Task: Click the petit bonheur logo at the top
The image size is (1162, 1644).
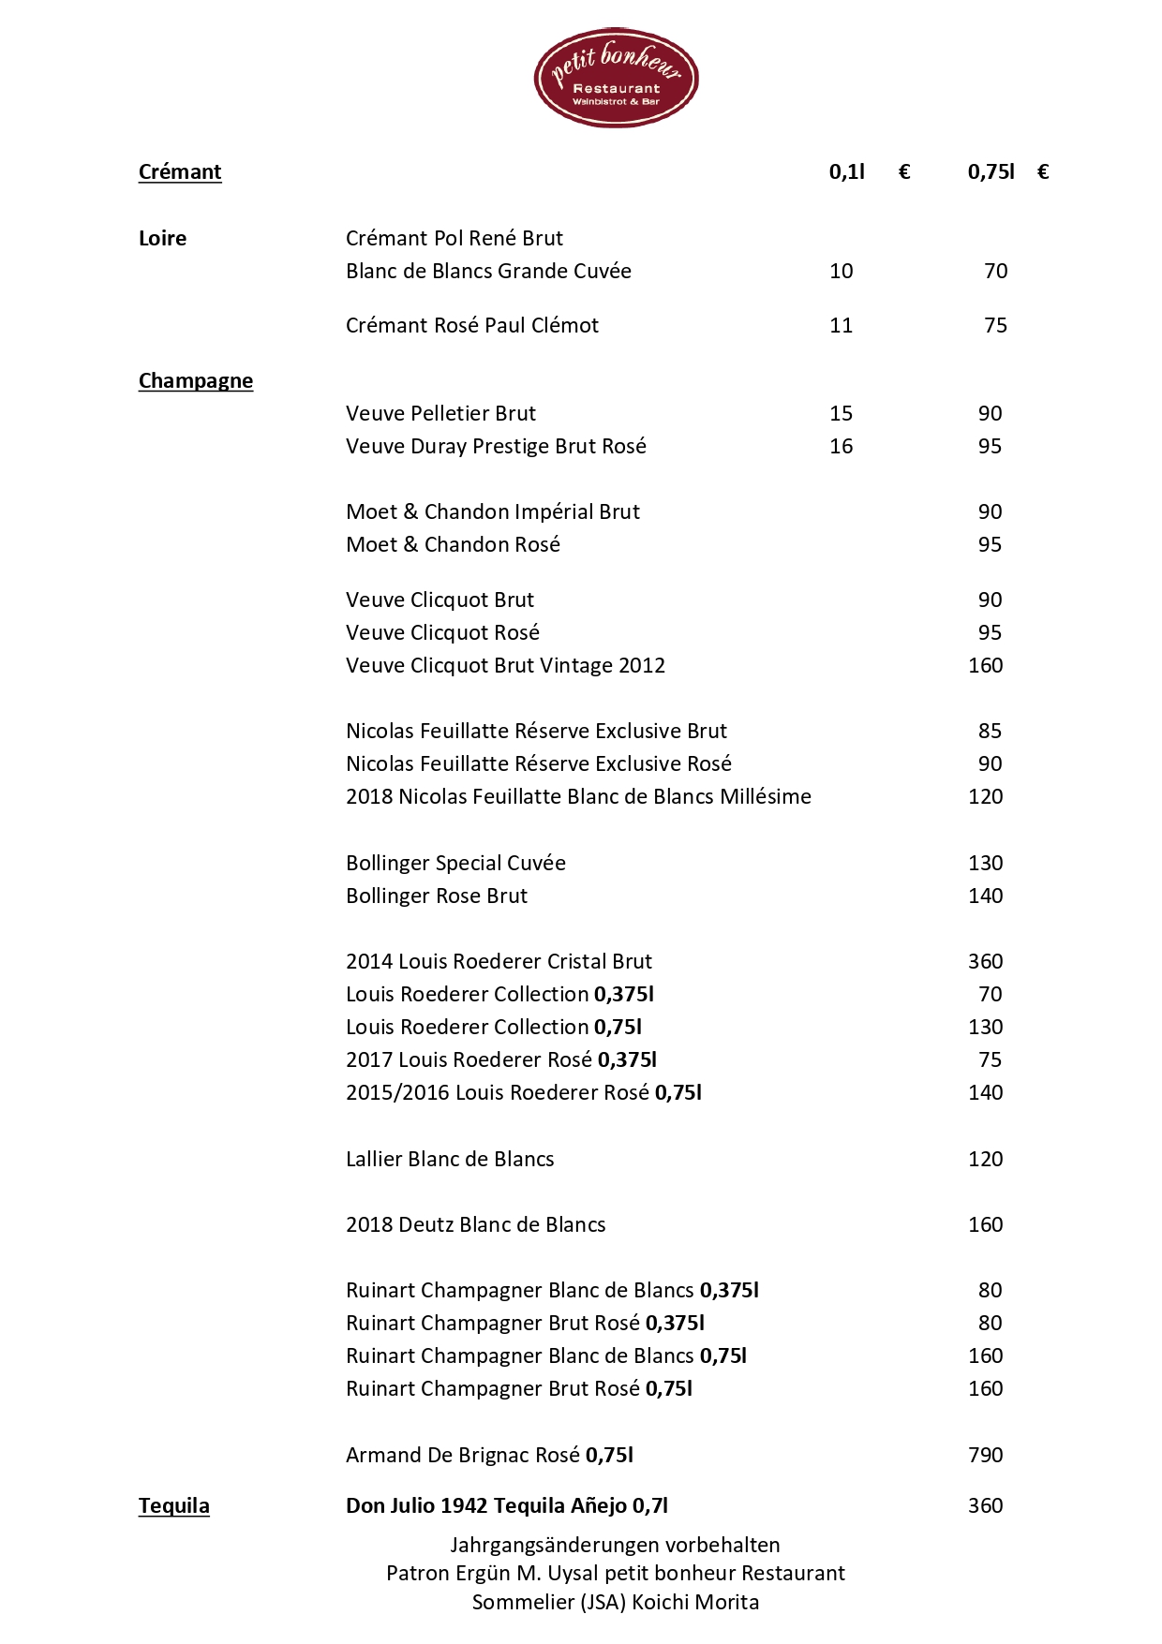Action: [616, 78]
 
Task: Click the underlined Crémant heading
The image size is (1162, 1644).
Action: [180, 172]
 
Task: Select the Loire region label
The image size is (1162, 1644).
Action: [162, 239]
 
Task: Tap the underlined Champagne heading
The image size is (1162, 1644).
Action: [196, 381]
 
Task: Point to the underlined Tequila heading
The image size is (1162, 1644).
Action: [174, 1506]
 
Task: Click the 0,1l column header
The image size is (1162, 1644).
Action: [847, 172]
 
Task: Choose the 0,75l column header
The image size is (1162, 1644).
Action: [991, 172]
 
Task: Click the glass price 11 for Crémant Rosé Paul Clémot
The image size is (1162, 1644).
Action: [842, 326]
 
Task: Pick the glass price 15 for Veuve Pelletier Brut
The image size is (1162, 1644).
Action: [842, 414]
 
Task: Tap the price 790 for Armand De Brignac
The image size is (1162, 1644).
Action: [985, 1456]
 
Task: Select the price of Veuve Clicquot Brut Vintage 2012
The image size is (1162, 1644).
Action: [985, 666]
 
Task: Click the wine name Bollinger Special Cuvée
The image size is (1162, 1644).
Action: [455, 864]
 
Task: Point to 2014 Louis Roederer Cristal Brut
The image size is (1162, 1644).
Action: [499, 962]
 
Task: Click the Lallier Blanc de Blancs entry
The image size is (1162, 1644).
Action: [450, 1160]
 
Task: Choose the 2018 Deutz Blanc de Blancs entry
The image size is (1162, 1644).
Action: [475, 1225]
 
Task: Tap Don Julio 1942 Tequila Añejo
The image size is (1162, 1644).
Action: [506, 1506]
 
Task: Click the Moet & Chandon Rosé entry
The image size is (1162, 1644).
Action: [453, 545]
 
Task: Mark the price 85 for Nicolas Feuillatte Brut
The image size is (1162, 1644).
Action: [990, 732]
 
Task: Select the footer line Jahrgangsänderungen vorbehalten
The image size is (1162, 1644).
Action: [615, 1546]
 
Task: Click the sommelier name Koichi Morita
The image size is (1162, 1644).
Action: [695, 1603]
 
